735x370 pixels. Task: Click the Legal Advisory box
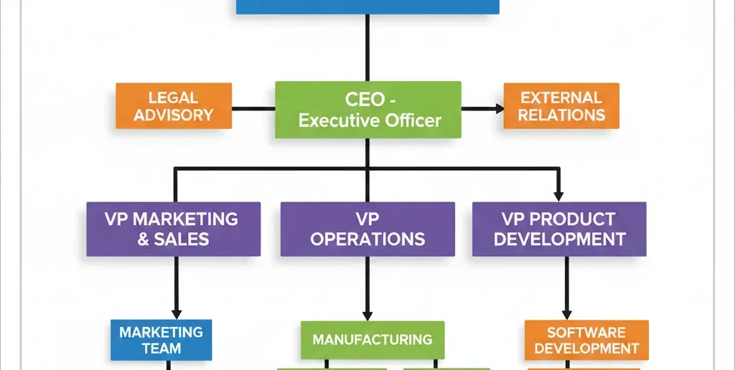click(x=174, y=105)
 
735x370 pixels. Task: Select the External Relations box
click(x=561, y=105)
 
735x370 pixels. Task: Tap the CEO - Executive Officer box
click(x=368, y=109)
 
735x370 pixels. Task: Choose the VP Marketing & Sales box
click(x=173, y=229)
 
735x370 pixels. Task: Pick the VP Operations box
click(x=367, y=229)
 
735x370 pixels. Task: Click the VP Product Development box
click(x=559, y=229)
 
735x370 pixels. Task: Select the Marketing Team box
click(x=161, y=340)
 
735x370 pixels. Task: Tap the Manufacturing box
click(x=372, y=339)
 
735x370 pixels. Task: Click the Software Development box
click(x=586, y=340)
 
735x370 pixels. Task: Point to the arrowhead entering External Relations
click(x=497, y=108)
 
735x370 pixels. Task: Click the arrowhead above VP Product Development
click(x=559, y=195)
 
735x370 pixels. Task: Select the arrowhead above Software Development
click(x=566, y=313)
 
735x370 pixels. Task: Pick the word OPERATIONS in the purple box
click(x=367, y=239)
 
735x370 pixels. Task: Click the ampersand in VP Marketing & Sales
click(x=143, y=239)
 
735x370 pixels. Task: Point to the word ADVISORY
click(x=174, y=114)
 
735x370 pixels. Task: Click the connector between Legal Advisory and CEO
click(x=253, y=109)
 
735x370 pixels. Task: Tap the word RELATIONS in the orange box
click(x=561, y=114)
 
